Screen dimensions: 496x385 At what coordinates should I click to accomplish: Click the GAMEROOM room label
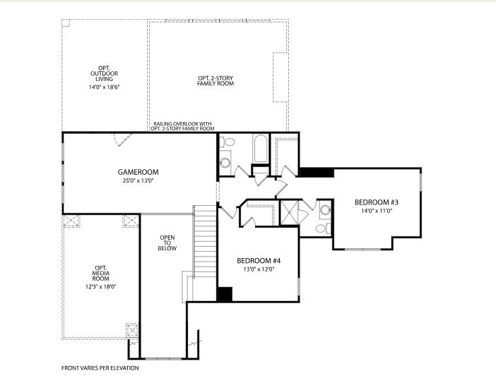(138, 172)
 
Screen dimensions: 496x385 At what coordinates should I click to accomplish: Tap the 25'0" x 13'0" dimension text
(138, 181)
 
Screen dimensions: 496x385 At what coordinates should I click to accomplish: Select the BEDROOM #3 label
(377, 202)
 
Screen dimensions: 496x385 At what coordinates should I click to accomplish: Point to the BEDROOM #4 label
(259, 261)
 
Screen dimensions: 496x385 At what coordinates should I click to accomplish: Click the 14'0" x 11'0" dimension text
(377, 211)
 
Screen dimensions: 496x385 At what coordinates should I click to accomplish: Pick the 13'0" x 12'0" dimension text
(259, 269)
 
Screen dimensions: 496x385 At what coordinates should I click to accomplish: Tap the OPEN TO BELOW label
(167, 243)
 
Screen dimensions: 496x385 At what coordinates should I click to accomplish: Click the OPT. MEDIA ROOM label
(101, 274)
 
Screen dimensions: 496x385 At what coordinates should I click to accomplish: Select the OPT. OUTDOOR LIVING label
(104, 73)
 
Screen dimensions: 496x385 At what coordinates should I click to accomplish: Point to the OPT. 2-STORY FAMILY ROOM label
(215, 81)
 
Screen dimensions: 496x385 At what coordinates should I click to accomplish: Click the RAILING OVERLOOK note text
(182, 126)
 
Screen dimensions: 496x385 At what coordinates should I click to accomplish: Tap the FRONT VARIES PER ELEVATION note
(100, 368)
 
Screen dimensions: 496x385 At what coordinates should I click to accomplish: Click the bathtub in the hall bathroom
(261, 148)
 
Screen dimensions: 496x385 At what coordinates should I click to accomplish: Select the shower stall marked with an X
(289, 213)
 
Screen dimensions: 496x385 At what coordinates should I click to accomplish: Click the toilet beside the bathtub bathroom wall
(227, 142)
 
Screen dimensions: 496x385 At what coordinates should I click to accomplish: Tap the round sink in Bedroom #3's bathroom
(325, 209)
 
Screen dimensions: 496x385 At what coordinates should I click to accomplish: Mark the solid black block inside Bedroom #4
(225, 294)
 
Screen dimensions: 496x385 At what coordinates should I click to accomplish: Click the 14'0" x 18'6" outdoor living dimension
(104, 87)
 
